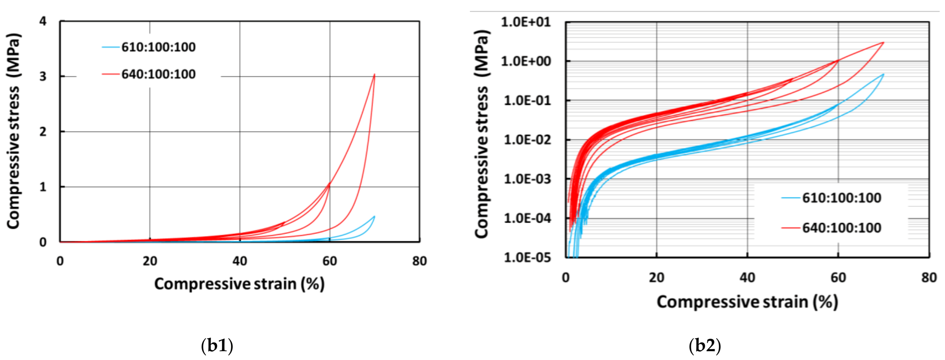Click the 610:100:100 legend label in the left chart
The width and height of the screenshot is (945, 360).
[159, 47]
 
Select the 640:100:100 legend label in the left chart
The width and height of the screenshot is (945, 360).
[159, 74]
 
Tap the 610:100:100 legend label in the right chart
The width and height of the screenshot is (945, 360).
[841, 198]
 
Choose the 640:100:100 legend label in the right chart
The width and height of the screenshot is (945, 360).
[841, 228]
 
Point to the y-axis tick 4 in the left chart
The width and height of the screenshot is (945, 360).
[43, 21]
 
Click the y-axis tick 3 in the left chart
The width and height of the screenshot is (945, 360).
[43, 76]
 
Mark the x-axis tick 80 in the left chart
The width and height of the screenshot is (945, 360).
[419, 261]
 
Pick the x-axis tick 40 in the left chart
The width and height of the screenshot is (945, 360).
[240, 261]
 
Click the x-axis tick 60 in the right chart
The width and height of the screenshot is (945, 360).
[838, 278]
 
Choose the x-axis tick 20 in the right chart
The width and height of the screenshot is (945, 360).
[656, 278]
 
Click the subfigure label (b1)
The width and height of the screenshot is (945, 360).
[217, 346]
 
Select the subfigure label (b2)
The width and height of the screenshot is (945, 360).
[705, 346]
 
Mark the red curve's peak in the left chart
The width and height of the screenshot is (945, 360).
[374, 74]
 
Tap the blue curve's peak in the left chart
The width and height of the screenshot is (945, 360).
[374, 216]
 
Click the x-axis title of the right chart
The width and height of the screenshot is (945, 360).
[747, 302]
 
